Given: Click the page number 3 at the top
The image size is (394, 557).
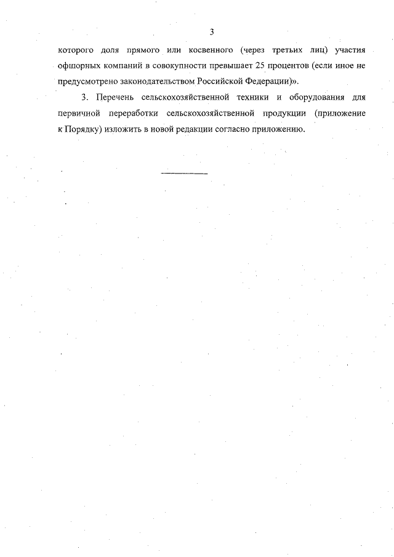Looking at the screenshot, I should click(x=211, y=31).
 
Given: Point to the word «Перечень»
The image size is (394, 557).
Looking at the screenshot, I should click(x=119, y=98).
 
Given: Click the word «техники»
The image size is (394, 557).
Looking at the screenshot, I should click(x=254, y=98).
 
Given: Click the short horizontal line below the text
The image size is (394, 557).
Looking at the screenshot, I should click(x=185, y=174).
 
